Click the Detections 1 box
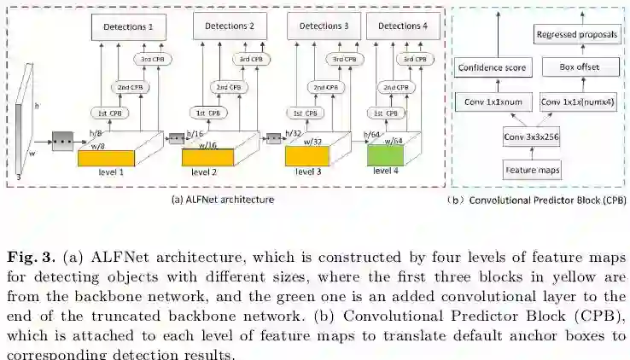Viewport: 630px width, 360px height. coord(128,27)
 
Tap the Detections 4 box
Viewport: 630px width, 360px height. coord(409,27)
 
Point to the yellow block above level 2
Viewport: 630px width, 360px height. coord(207,156)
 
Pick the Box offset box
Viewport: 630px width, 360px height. coord(572,67)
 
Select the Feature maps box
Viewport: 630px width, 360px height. coord(532,171)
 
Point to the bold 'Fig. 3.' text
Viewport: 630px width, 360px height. coord(28,258)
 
